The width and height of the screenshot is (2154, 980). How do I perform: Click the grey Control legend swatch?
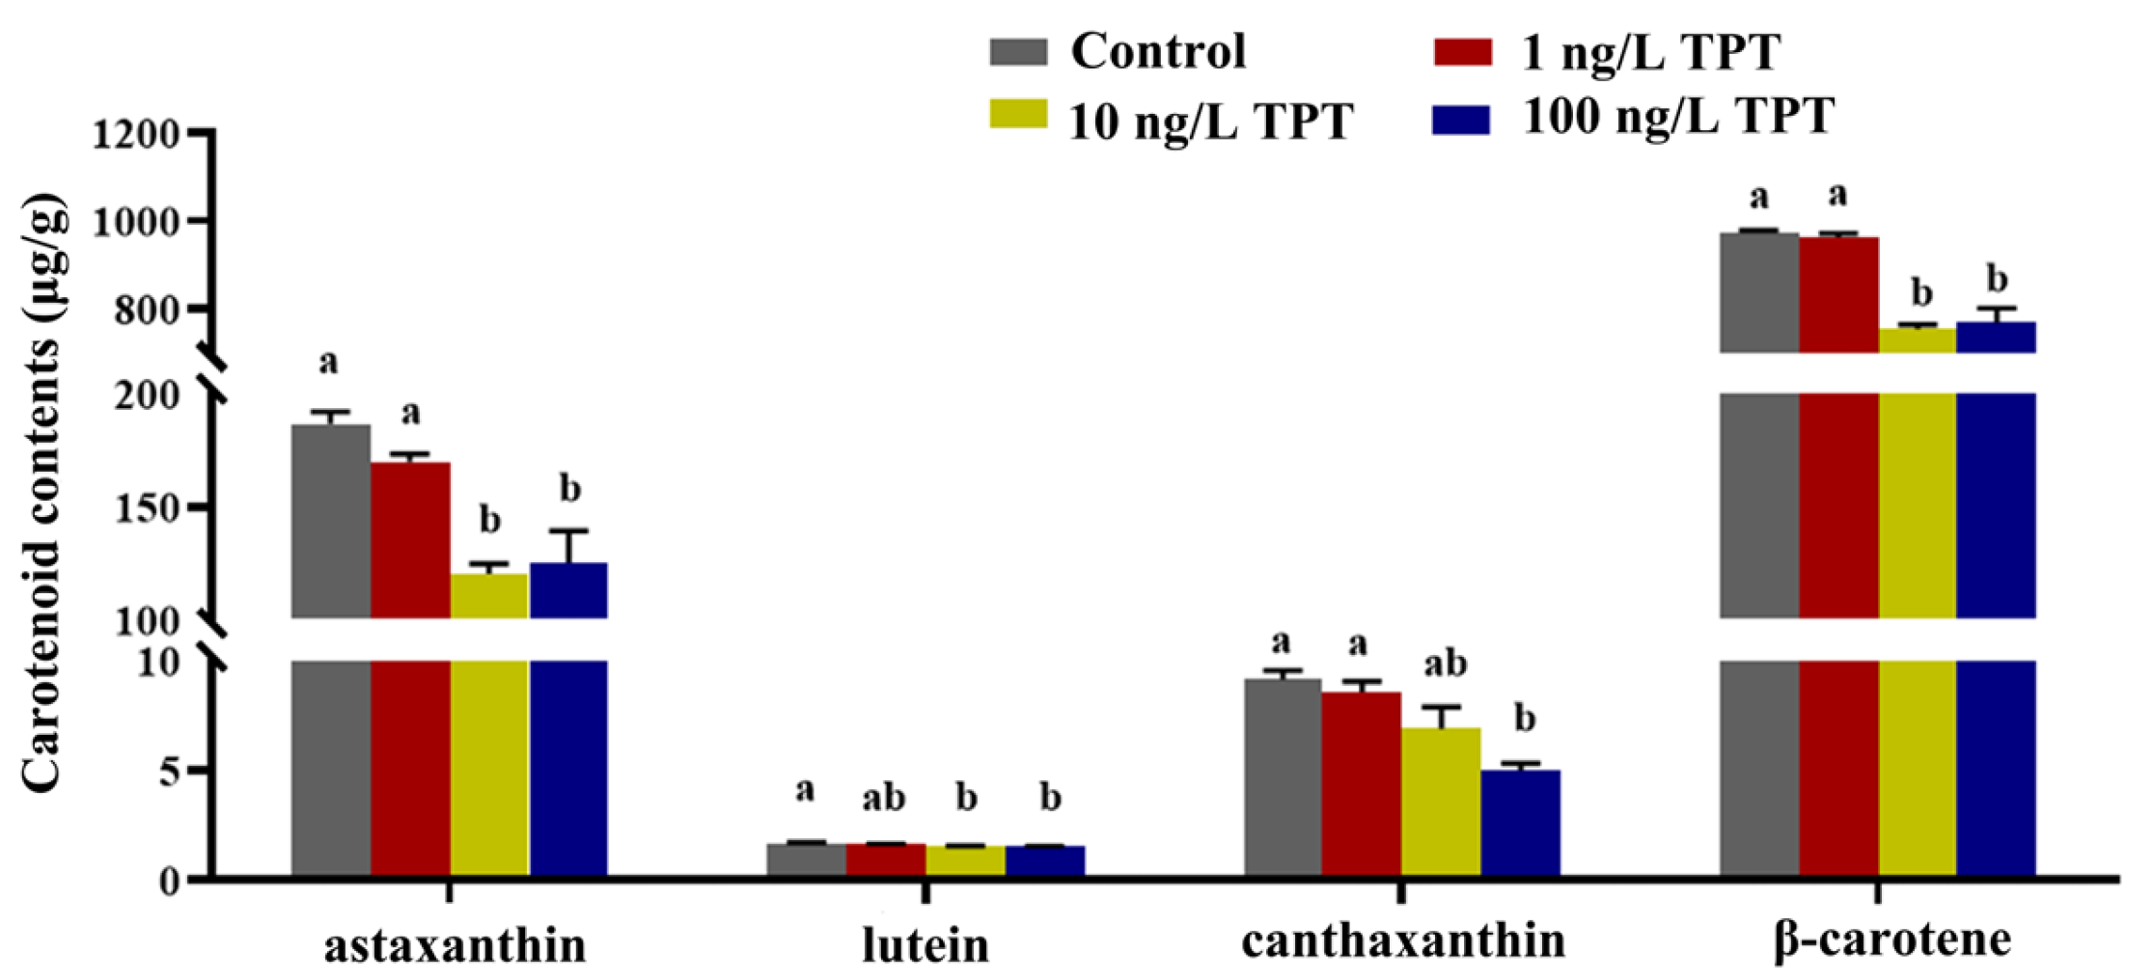1018,52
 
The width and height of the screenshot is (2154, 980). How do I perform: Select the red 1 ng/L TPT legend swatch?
1463,52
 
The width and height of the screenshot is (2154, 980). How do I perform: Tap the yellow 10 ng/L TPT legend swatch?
1018,114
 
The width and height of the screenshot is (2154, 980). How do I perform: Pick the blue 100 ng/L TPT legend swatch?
1460,120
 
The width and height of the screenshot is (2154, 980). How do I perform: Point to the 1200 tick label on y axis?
136,134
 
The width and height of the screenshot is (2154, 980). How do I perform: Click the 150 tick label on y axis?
147,509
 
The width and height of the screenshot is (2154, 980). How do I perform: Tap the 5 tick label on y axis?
169,772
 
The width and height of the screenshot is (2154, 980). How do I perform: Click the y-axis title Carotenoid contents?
43,492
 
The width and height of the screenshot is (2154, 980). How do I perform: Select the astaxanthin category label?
455,946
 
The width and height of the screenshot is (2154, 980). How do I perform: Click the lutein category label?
925,946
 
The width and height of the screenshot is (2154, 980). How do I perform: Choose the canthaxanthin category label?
1403,940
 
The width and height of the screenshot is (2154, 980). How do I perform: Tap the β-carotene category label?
1892,940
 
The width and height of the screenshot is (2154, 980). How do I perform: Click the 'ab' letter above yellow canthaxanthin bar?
1445,664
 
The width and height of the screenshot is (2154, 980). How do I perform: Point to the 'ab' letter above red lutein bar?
883,798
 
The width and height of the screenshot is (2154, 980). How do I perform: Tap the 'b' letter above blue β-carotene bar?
1997,280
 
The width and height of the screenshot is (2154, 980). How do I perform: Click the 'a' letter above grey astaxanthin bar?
328,363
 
